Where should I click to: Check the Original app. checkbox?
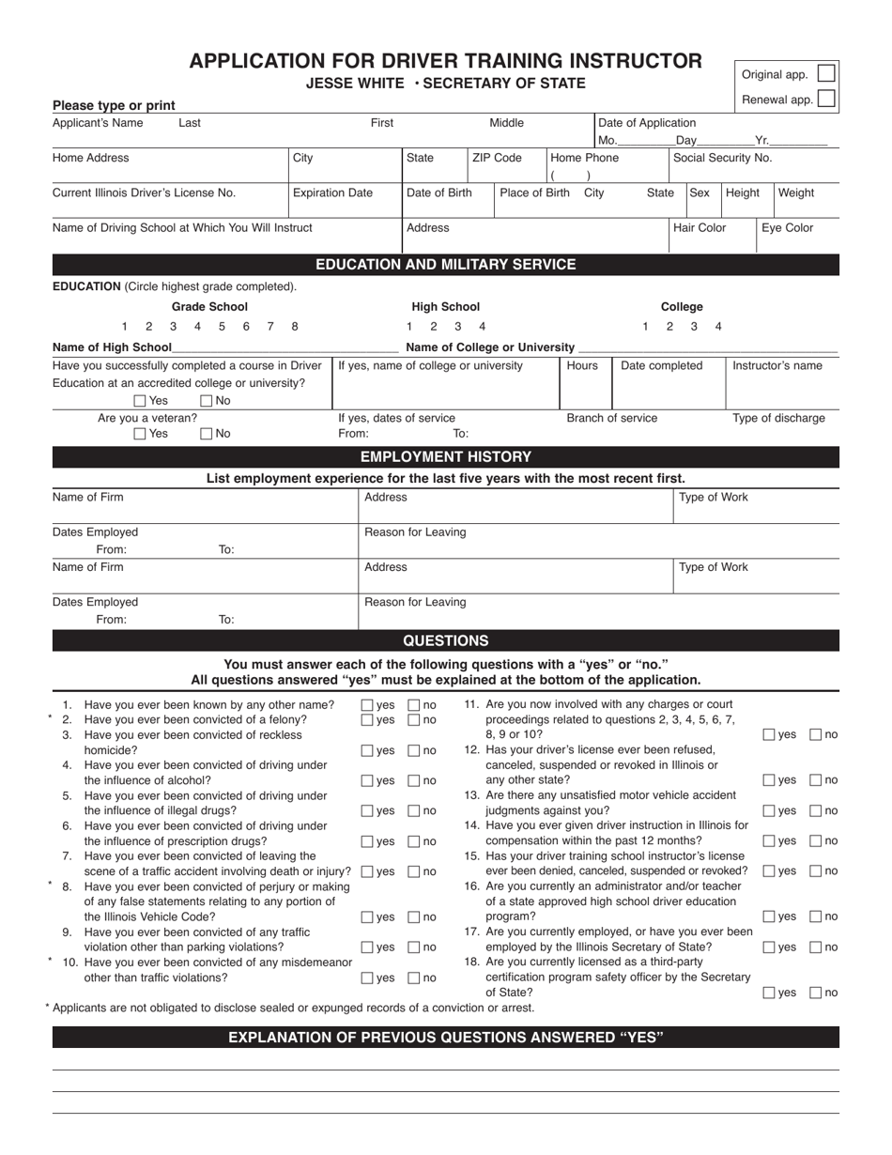(x=825, y=73)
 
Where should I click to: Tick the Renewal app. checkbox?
(x=825, y=99)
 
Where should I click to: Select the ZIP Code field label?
(x=497, y=158)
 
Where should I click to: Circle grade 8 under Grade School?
(x=295, y=326)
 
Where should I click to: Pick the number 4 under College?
(x=718, y=326)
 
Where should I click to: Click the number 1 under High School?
(x=408, y=326)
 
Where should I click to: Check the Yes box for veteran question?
(x=140, y=434)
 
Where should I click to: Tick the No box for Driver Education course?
(x=207, y=401)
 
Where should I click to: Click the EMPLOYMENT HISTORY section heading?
(x=446, y=457)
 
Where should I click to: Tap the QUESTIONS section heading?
(x=446, y=640)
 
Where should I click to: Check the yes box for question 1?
(x=367, y=705)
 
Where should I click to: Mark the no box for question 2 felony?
(x=413, y=720)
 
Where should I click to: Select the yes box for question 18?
(x=769, y=993)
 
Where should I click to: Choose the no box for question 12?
(x=815, y=780)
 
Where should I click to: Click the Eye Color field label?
(x=787, y=227)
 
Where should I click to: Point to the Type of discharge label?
(x=778, y=418)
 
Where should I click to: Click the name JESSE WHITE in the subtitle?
(x=356, y=83)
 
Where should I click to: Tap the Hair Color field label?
(x=700, y=227)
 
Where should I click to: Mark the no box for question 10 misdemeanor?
(x=413, y=978)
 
